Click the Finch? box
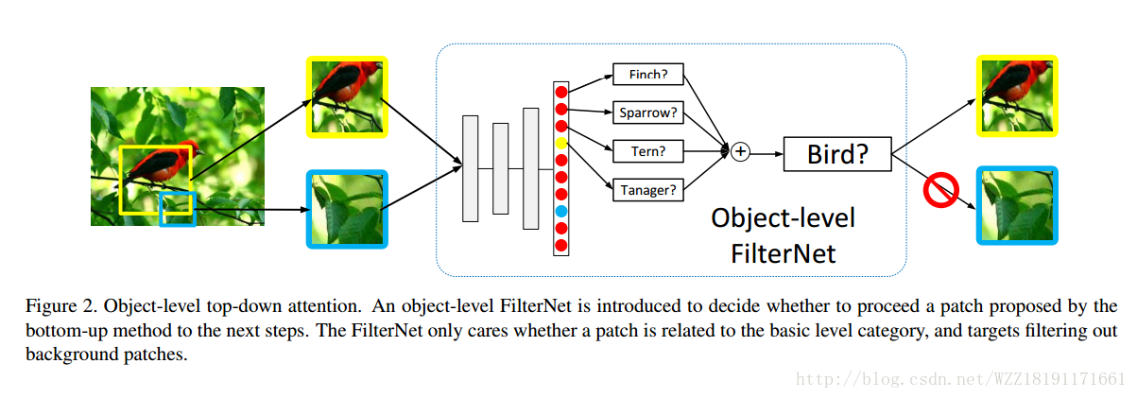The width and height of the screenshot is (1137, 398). tap(648, 74)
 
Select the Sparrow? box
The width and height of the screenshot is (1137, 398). tap(648, 112)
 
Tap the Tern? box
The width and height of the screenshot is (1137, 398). tap(648, 150)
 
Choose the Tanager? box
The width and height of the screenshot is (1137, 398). tap(648, 190)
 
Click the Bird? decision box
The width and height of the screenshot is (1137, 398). tap(837, 154)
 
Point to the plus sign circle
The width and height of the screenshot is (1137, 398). tap(740, 151)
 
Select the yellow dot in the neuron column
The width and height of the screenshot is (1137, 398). tap(561, 144)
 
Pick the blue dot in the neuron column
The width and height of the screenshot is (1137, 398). tap(561, 210)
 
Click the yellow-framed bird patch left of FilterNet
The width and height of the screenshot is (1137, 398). tap(347, 96)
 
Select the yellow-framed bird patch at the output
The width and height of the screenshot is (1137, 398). tap(1016, 95)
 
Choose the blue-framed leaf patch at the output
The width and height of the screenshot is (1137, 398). tap(1016, 207)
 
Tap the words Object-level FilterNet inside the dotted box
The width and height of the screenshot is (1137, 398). tap(783, 235)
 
